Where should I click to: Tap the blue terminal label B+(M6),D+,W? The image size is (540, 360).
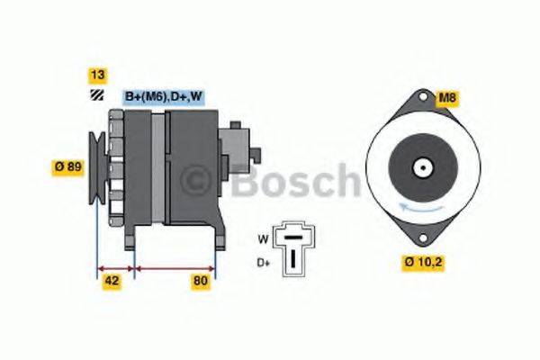coord(162,97)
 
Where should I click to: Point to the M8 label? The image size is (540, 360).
coord(445,97)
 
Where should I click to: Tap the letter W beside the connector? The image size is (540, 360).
coord(263,239)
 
